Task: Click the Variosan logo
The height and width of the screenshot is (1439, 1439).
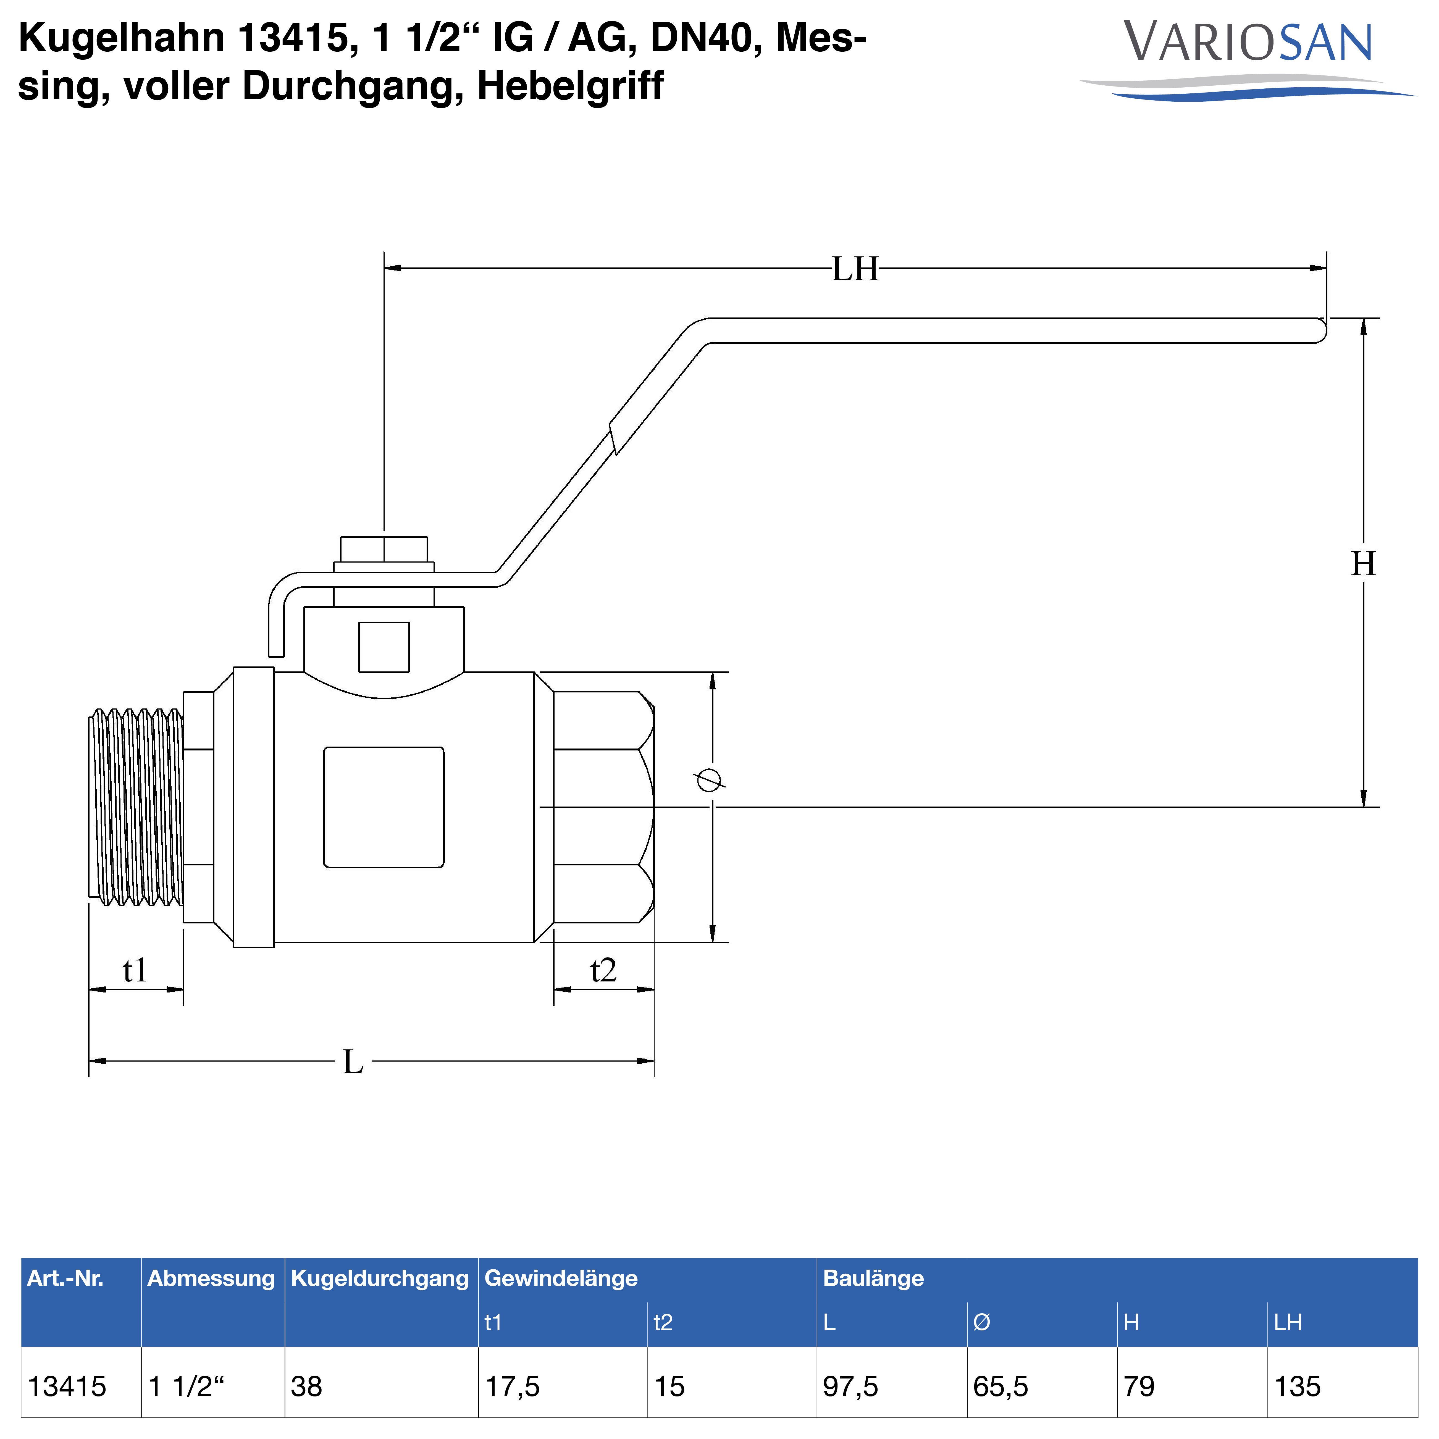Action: (1248, 60)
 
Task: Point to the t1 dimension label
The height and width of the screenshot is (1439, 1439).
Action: (135, 970)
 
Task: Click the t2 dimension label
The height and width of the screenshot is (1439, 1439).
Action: (603, 970)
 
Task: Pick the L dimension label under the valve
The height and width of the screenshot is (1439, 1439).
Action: (353, 1061)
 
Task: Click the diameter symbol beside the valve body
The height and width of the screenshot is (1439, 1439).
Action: (708, 780)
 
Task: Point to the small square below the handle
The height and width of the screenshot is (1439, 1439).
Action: (384, 647)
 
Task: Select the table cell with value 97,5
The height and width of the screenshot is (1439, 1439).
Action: (850, 1387)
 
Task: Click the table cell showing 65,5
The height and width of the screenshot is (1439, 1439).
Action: (1000, 1387)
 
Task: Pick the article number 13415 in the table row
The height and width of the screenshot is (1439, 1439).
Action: (67, 1387)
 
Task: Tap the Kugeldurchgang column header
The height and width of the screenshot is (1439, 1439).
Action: (380, 1278)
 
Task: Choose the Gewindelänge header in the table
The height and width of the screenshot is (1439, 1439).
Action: (561, 1278)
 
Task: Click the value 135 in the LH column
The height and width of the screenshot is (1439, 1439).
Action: (1298, 1387)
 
